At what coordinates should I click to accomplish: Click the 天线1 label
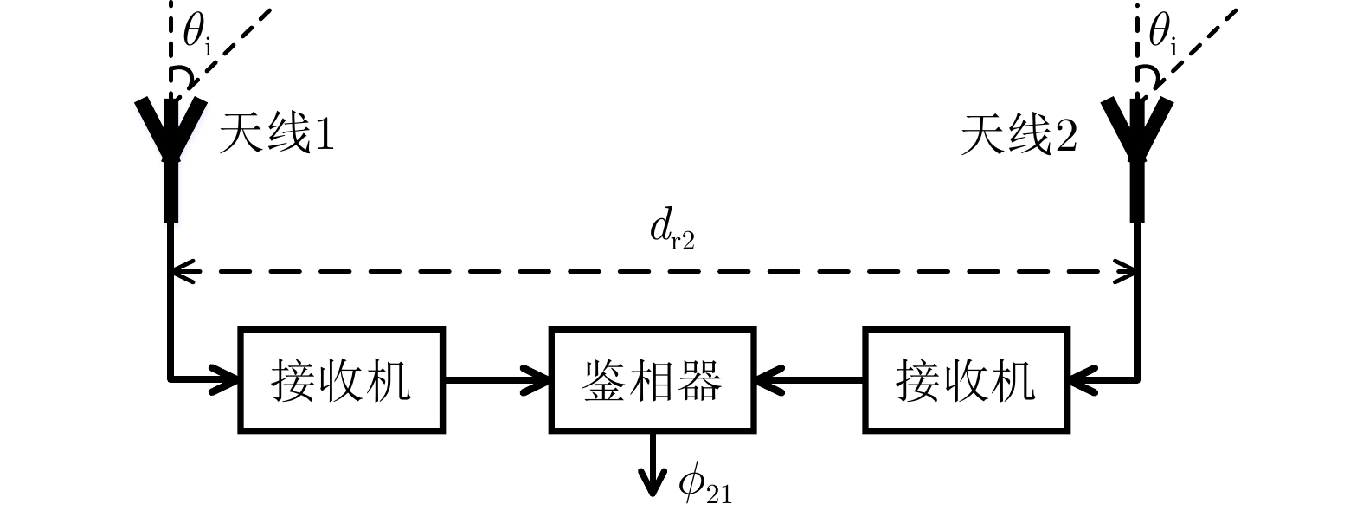point(276,135)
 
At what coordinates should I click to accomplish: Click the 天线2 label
point(1019,136)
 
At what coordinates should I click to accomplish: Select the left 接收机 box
point(341,379)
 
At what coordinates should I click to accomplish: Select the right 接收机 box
point(965,379)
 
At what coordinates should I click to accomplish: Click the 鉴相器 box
point(653,379)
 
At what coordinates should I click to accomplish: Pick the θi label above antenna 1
point(196,35)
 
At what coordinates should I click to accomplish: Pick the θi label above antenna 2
point(1162,35)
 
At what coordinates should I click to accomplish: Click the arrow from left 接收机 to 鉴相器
point(497,378)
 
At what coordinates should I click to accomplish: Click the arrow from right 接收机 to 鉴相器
point(809,378)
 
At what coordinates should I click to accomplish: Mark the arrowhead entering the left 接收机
point(228,378)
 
